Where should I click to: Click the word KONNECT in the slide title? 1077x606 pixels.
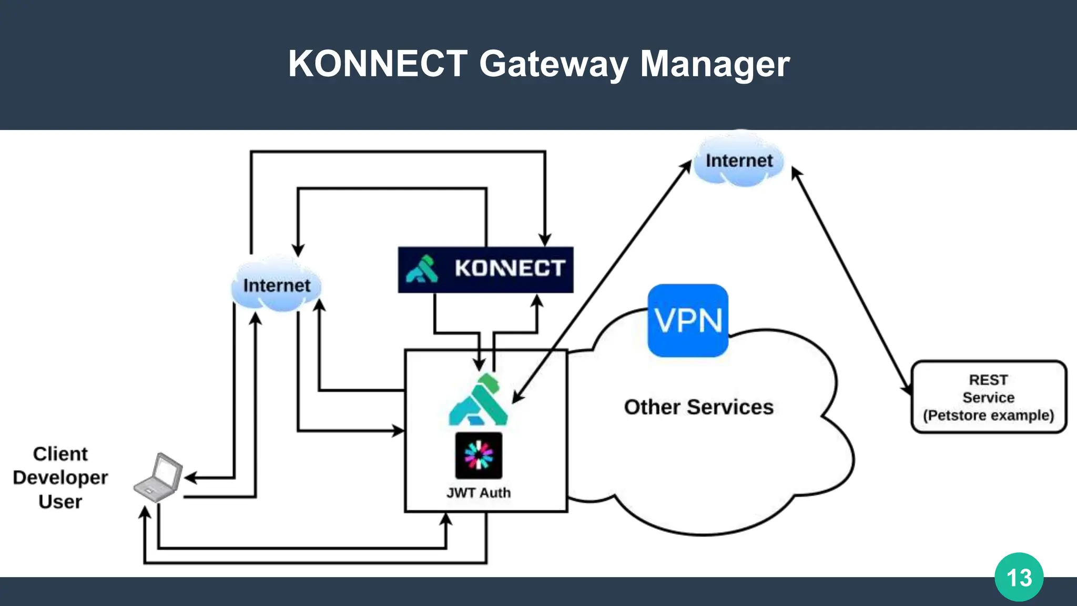tap(378, 64)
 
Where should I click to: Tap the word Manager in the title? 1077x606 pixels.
tap(715, 64)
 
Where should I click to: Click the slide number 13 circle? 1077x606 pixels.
tap(1019, 577)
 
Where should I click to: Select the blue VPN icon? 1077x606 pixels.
tap(688, 320)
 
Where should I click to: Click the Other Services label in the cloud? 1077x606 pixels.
tap(698, 407)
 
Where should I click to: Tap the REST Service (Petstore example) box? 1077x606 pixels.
tap(988, 397)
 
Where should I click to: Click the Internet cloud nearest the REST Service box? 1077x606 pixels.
tap(739, 160)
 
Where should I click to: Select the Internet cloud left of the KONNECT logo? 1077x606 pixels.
tap(276, 285)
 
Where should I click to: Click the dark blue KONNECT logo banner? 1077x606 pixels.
tap(485, 269)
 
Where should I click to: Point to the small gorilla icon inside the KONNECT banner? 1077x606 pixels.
tap(422, 269)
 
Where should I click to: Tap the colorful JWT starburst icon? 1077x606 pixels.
tap(479, 455)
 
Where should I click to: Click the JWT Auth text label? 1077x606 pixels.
tap(479, 493)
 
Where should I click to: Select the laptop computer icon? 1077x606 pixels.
tap(158, 477)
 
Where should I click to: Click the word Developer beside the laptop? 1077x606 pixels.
tap(60, 478)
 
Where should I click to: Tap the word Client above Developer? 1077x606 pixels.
tap(60, 453)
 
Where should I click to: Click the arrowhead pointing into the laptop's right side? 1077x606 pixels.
tap(190, 478)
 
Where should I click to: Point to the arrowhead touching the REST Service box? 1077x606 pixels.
tap(907, 389)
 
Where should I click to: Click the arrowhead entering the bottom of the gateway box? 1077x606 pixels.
tap(446, 519)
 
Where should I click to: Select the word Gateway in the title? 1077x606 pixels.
tap(553, 64)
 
